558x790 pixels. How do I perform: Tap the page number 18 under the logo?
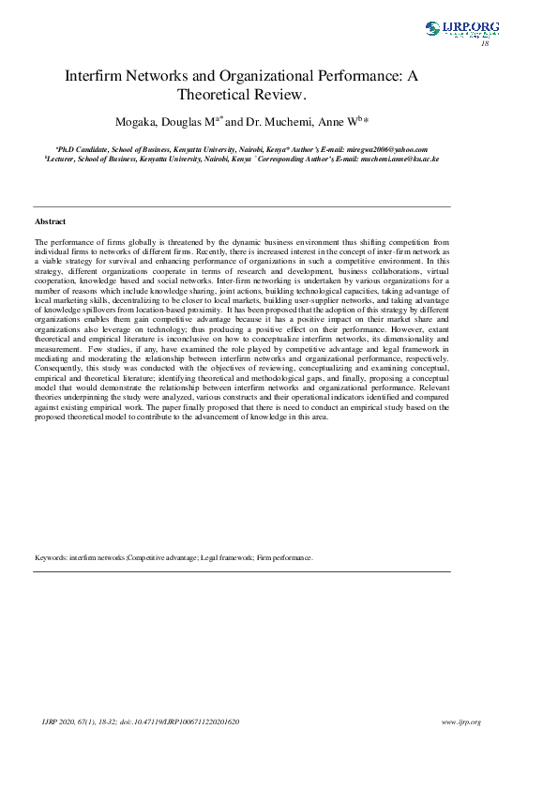pyautogui.click(x=485, y=44)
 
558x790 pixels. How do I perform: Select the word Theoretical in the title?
pyautogui.click(x=222, y=94)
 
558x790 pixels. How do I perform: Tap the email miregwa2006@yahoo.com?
pyautogui.click(x=386, y=149)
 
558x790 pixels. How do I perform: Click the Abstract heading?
pyautogui.click(x=50, y=221)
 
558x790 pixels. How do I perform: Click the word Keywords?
pyautogui.click(x=51, y=557)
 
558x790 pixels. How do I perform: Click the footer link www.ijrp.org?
pyautogui.click(x=460, y=722)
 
